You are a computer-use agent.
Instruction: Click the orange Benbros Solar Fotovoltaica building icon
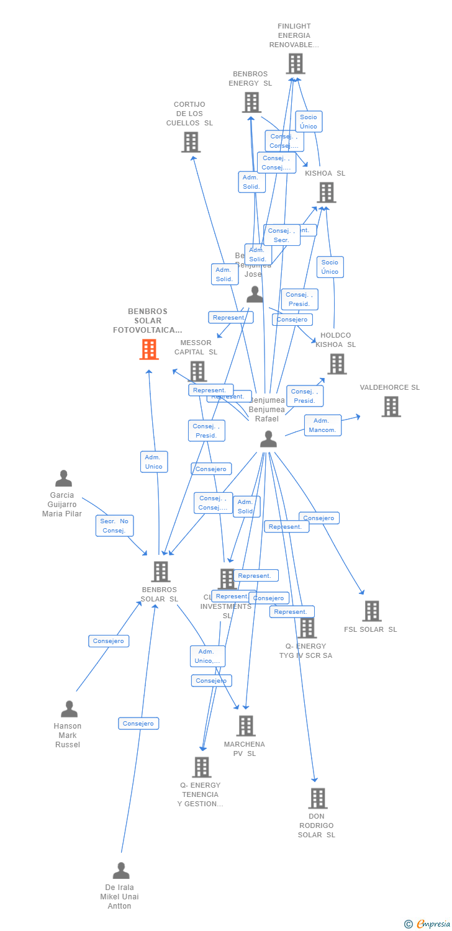tap(149, 349)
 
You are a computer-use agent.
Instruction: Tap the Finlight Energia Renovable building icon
tap(296, 63)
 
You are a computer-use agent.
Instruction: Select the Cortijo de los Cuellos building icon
tap(191, 142)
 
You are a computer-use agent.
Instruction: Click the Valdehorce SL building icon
tap(391, 407)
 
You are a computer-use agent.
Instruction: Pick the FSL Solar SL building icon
tap(371, 611)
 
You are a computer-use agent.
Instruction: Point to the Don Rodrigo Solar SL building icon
tap(317, 798)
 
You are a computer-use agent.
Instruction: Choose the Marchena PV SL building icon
tap(246, 726)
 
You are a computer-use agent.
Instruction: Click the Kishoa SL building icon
tap(326, 192)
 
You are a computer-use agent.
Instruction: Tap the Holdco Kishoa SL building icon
tap(337, 364)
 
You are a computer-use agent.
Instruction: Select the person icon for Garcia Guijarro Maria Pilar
tap(63, 479)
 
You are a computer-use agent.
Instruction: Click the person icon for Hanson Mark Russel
tap(69, 709)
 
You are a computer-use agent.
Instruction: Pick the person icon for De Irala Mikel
tap(121, 870)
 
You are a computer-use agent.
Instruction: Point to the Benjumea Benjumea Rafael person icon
tap(268, 439)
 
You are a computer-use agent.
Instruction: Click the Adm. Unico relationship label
tap(154, 462)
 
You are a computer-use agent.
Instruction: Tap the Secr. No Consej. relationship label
tap(115, 526)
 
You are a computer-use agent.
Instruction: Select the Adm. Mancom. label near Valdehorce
tap(323, 425)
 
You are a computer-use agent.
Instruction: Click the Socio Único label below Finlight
tap(309, 122)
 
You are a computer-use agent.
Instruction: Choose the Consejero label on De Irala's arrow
tap(138, 723)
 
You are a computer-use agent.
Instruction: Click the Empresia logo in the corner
tap(428, 924)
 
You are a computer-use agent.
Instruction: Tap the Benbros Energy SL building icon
tap(251, 102)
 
